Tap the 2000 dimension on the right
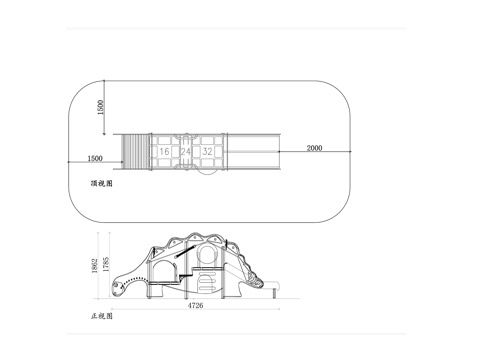coord(314,148)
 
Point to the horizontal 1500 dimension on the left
coord(95,158)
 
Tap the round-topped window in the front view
coord(206,256)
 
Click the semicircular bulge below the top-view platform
coord(204,171)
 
